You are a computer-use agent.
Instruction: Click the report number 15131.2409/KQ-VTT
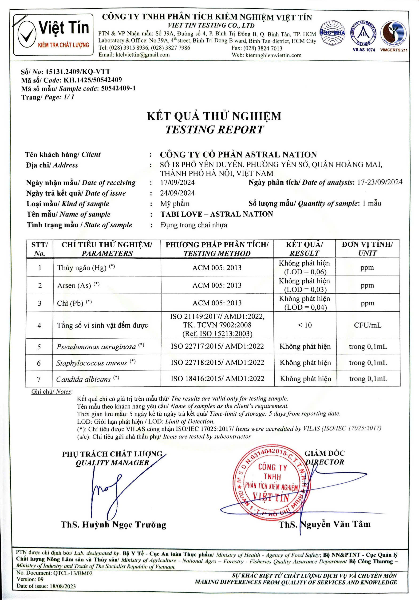pyautogui.click(x=78, y=72)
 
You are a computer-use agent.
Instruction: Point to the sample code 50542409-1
pyautogui.click(x=118, y=89)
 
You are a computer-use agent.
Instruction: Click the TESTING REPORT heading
pyautogui.click(x=215, y=130)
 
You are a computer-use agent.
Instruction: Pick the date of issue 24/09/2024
pyautogui.click(x=178, y=193)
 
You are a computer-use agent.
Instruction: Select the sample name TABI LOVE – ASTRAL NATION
pyautogui.click(x=217, y=214)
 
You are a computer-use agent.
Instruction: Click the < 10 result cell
pyautogui.click(x=305, y=325)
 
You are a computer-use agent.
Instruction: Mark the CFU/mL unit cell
pyautogui.click(x=368, y=325)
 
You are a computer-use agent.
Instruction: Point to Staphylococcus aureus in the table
pyautogui.click(x=91, y=363)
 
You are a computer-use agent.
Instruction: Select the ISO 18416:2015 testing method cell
pyautogui.click(x=217, y=379)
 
